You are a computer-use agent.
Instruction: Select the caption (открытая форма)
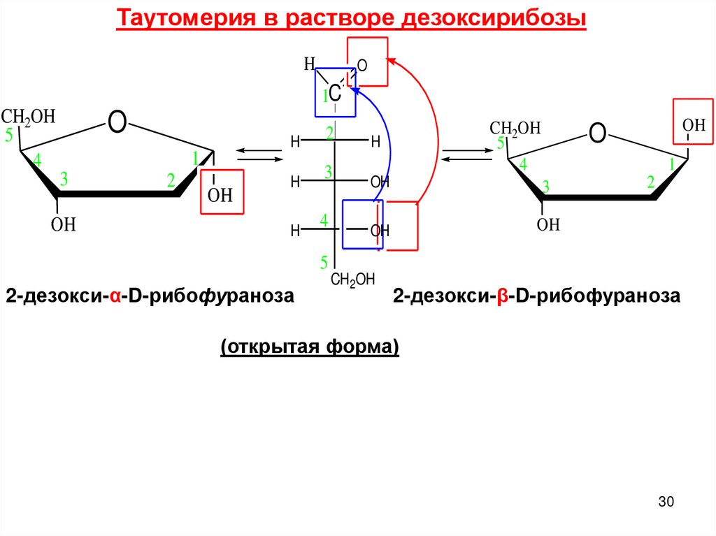pos(310,347)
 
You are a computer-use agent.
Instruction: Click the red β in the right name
pos(503,296)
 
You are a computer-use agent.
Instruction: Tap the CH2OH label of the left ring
pos(28,116)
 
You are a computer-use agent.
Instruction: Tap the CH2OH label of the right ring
pos(515,128)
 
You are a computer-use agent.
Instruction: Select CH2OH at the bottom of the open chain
pos(352,280)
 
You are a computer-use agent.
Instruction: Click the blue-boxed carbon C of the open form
pos(335,93)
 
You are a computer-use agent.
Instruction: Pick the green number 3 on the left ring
pos(64,180)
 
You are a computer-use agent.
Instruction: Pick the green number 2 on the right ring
pos(650,183)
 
